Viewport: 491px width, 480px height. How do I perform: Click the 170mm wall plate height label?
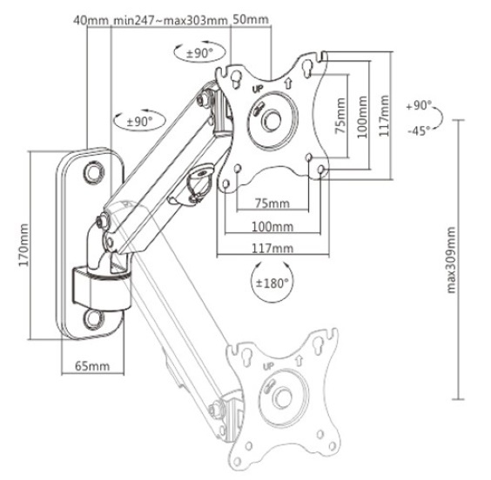24,245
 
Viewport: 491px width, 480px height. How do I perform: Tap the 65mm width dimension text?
92,365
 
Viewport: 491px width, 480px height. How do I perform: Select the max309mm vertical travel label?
451,260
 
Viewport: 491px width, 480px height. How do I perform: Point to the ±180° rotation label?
272,283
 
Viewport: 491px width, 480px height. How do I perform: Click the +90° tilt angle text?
419,105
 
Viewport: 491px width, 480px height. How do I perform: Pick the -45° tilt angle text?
419,130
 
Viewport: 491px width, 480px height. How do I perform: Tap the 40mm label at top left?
91,20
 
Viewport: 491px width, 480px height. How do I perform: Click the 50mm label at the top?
251,19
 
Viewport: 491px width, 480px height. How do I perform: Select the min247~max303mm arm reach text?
170,20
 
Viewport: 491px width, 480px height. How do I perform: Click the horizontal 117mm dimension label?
272,249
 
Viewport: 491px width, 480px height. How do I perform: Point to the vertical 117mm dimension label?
384,116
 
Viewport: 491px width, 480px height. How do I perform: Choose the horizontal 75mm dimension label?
272,203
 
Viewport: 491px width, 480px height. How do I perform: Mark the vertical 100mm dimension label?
362,117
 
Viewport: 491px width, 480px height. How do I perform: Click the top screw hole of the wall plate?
94,172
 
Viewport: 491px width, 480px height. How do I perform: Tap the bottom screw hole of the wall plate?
94,318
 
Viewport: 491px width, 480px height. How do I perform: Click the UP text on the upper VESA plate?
258,89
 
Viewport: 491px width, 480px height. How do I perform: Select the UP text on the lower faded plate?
268,366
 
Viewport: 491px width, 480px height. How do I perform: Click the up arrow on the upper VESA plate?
288,83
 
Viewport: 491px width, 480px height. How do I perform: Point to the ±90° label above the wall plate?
139,121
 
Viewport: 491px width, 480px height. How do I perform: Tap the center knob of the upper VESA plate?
272,119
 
